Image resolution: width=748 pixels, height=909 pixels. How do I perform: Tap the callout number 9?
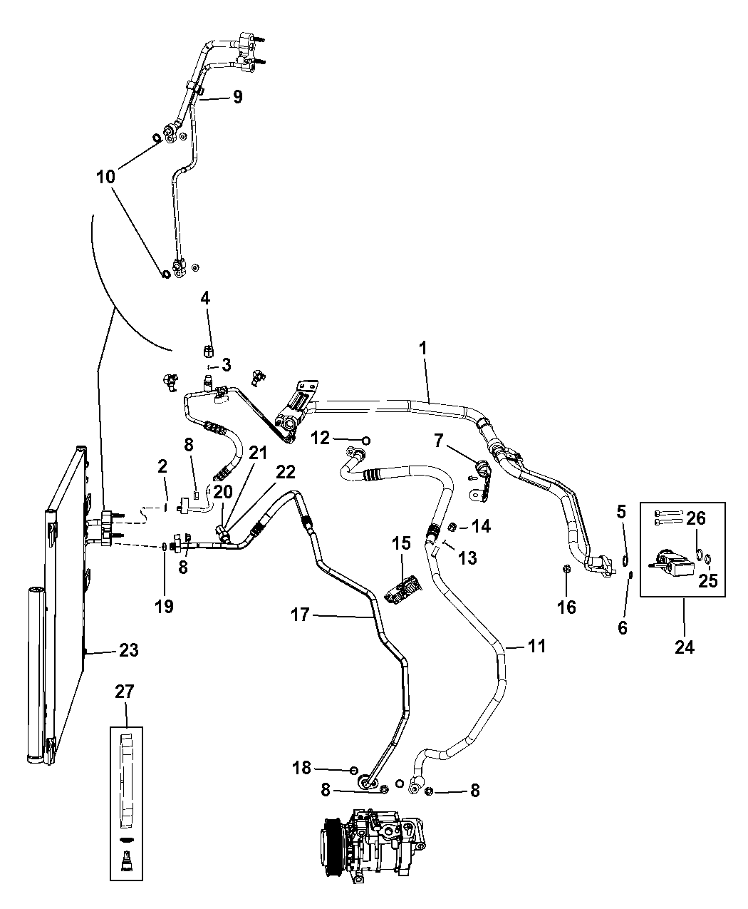237,98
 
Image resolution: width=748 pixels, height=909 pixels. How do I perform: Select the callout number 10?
106,176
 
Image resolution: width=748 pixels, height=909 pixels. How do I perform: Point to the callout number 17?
300,614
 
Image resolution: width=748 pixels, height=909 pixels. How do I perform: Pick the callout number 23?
129,650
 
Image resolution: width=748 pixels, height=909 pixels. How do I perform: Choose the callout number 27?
125,692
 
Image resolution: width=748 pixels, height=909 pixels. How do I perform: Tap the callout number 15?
401,543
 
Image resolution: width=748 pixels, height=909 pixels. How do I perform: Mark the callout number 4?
205,299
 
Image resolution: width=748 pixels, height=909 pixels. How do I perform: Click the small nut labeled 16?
566,569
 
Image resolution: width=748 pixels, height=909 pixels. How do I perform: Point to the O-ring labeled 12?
365,439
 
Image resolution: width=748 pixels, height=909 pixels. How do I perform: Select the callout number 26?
696,518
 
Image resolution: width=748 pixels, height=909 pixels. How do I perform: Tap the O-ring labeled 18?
354,769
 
